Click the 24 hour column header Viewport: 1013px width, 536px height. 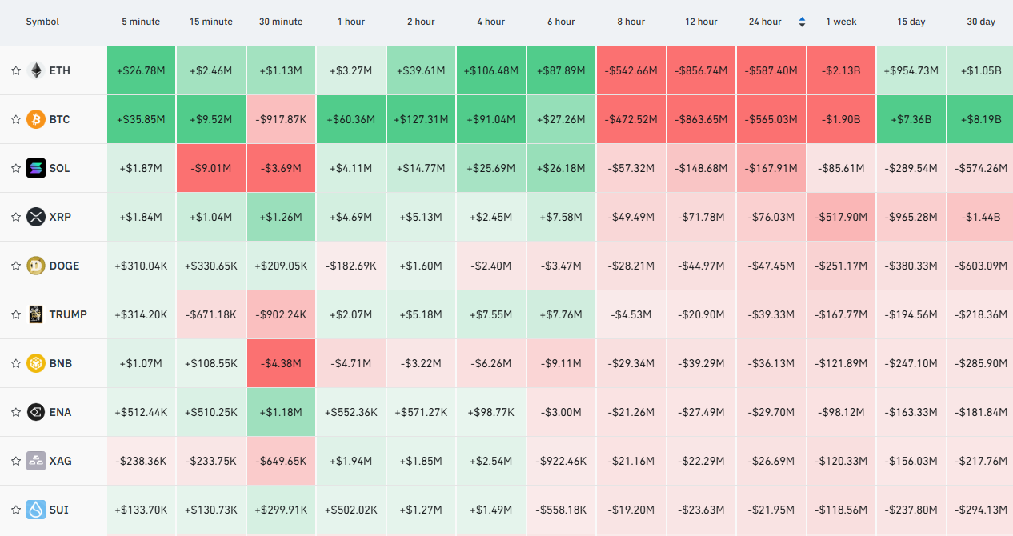pyautogui.click(x=765, y=22)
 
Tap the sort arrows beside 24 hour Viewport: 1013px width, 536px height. pyautogui.click(x=802, y=22)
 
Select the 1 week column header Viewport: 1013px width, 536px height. pyautogui.click(x=841, y=22)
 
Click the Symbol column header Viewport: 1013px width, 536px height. pyautogui.click(x=42, y=22)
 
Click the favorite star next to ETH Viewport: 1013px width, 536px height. pyautogui.click(x=16, y=70)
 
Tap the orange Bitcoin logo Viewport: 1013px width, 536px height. pyautogui.click(x=36, y=119)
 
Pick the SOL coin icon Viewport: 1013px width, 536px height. pyautogui.click(x=36, y=168)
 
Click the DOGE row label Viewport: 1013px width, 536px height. pyautogui.click(x=64, y=266)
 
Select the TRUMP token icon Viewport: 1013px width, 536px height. pyautogui.click(x=36, y=314)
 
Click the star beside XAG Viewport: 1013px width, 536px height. pyautogui.click(x=16, y=461)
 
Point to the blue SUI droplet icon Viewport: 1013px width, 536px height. pyautogui.click(x=36, y=510)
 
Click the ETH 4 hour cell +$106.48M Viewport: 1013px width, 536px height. pyautogui.click(x=491, y=70)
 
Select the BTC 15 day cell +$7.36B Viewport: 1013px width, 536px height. pyautogui.click(x=911, y=119)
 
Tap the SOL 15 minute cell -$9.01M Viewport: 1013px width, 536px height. pyautogui.click(x=211, y=168)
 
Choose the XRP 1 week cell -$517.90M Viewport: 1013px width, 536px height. pyautogui.click(x=841, y=217)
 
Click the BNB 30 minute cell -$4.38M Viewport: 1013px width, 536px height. pyautogui.click(x=281, y=363)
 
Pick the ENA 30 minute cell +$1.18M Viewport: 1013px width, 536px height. pyautogui.click(x=281, y=412)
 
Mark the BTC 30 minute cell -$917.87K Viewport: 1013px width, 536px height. pyautogui.click(x=281, y=119)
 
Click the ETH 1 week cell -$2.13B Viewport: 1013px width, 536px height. pyautogui.click(x=841, y=70)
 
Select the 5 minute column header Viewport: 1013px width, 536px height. pyautogui.click(x=141, y=22)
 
